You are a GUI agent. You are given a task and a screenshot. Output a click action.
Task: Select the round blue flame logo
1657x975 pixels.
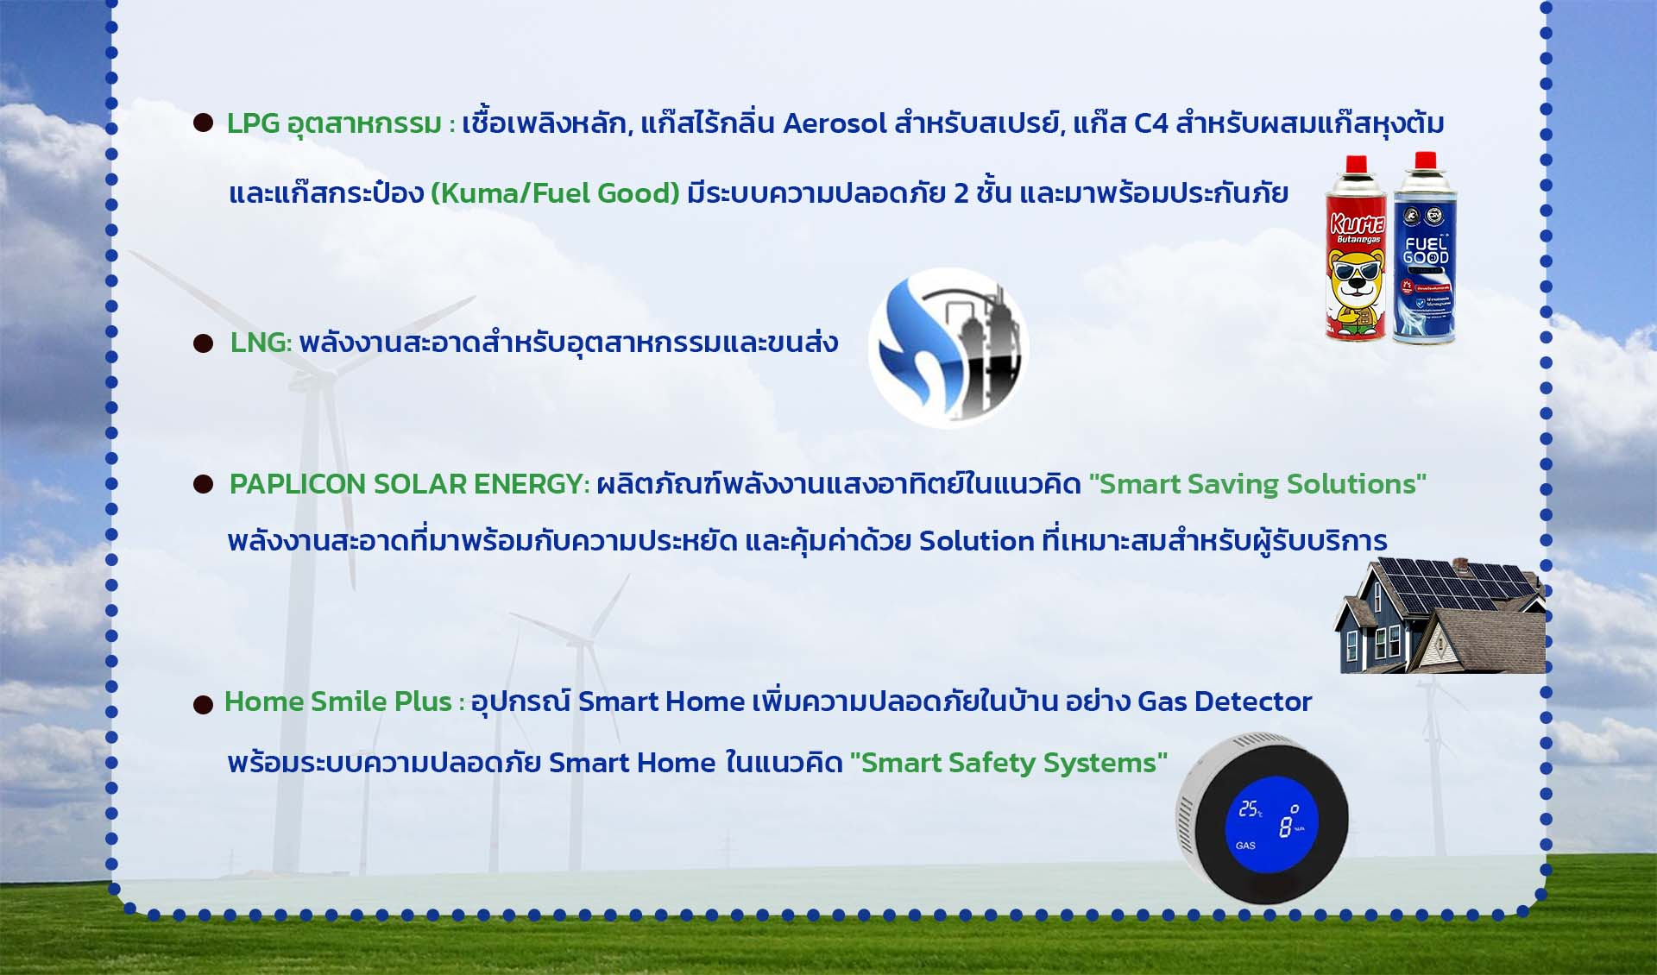coord(948,348)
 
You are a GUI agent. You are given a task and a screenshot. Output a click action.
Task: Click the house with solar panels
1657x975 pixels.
coord(1440,615)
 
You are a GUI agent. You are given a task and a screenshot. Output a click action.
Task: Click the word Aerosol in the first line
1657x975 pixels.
coord(835,124)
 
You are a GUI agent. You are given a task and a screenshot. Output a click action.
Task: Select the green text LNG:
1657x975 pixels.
coord(261,343)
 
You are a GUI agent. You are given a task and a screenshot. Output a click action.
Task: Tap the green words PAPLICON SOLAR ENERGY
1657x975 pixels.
coord(409,484)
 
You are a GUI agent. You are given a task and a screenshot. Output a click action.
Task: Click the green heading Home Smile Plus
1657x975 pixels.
coord(338,701)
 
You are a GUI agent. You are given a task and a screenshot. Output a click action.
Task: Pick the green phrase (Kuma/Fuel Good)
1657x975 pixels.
coord(556,193)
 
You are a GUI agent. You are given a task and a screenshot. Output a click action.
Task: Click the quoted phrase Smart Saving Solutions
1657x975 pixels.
coord(1257,484)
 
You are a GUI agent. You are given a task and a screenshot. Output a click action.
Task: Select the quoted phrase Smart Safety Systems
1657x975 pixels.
coord(1009,763)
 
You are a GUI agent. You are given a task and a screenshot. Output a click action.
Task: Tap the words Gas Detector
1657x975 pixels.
coord(1225,701)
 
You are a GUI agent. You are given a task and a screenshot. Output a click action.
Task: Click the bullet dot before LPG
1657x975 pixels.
coord(203,123)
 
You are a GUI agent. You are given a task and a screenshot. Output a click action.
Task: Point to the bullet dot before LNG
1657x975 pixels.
coord(203,344)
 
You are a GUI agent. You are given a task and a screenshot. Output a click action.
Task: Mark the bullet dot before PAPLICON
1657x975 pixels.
coord(203,485)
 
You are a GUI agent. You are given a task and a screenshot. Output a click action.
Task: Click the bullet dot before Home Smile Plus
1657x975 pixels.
coord(203,705)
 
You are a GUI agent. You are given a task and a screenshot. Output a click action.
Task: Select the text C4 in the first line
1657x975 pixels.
coord(1150,124)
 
